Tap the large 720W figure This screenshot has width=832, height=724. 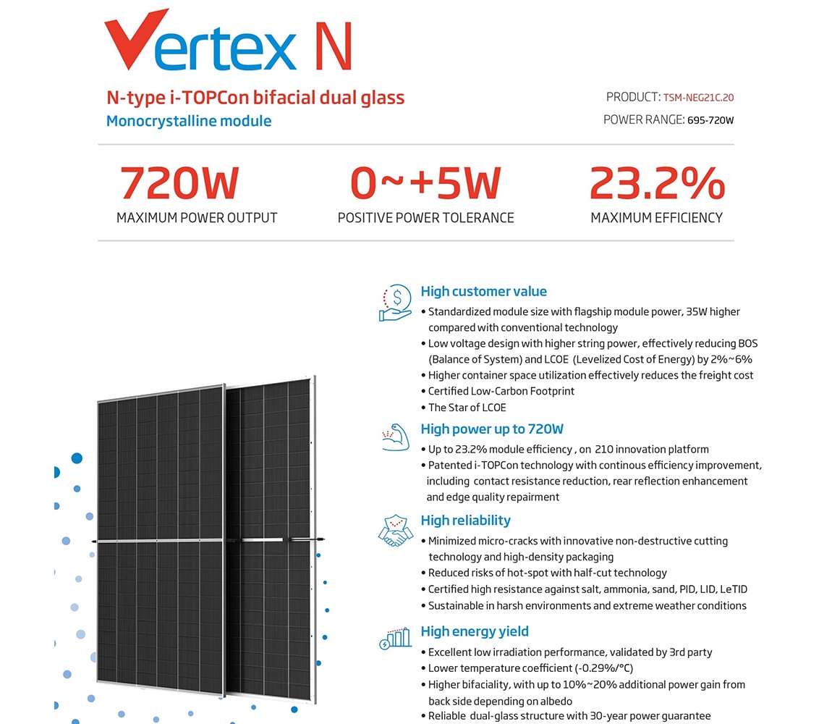179,183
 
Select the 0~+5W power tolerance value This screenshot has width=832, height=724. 425,183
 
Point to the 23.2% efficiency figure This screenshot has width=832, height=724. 656,183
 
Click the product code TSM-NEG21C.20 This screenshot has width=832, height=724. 698,98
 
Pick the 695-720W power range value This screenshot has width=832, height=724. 709,120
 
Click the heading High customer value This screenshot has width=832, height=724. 483,292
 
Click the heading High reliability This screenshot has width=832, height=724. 465,521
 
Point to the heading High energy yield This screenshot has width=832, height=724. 475,631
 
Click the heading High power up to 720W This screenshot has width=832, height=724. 492,429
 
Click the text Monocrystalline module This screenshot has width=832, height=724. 189,121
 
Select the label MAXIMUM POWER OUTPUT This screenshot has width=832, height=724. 197,218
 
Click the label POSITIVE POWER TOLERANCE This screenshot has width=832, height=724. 425,218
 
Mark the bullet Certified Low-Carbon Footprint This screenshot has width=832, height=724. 502,391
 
